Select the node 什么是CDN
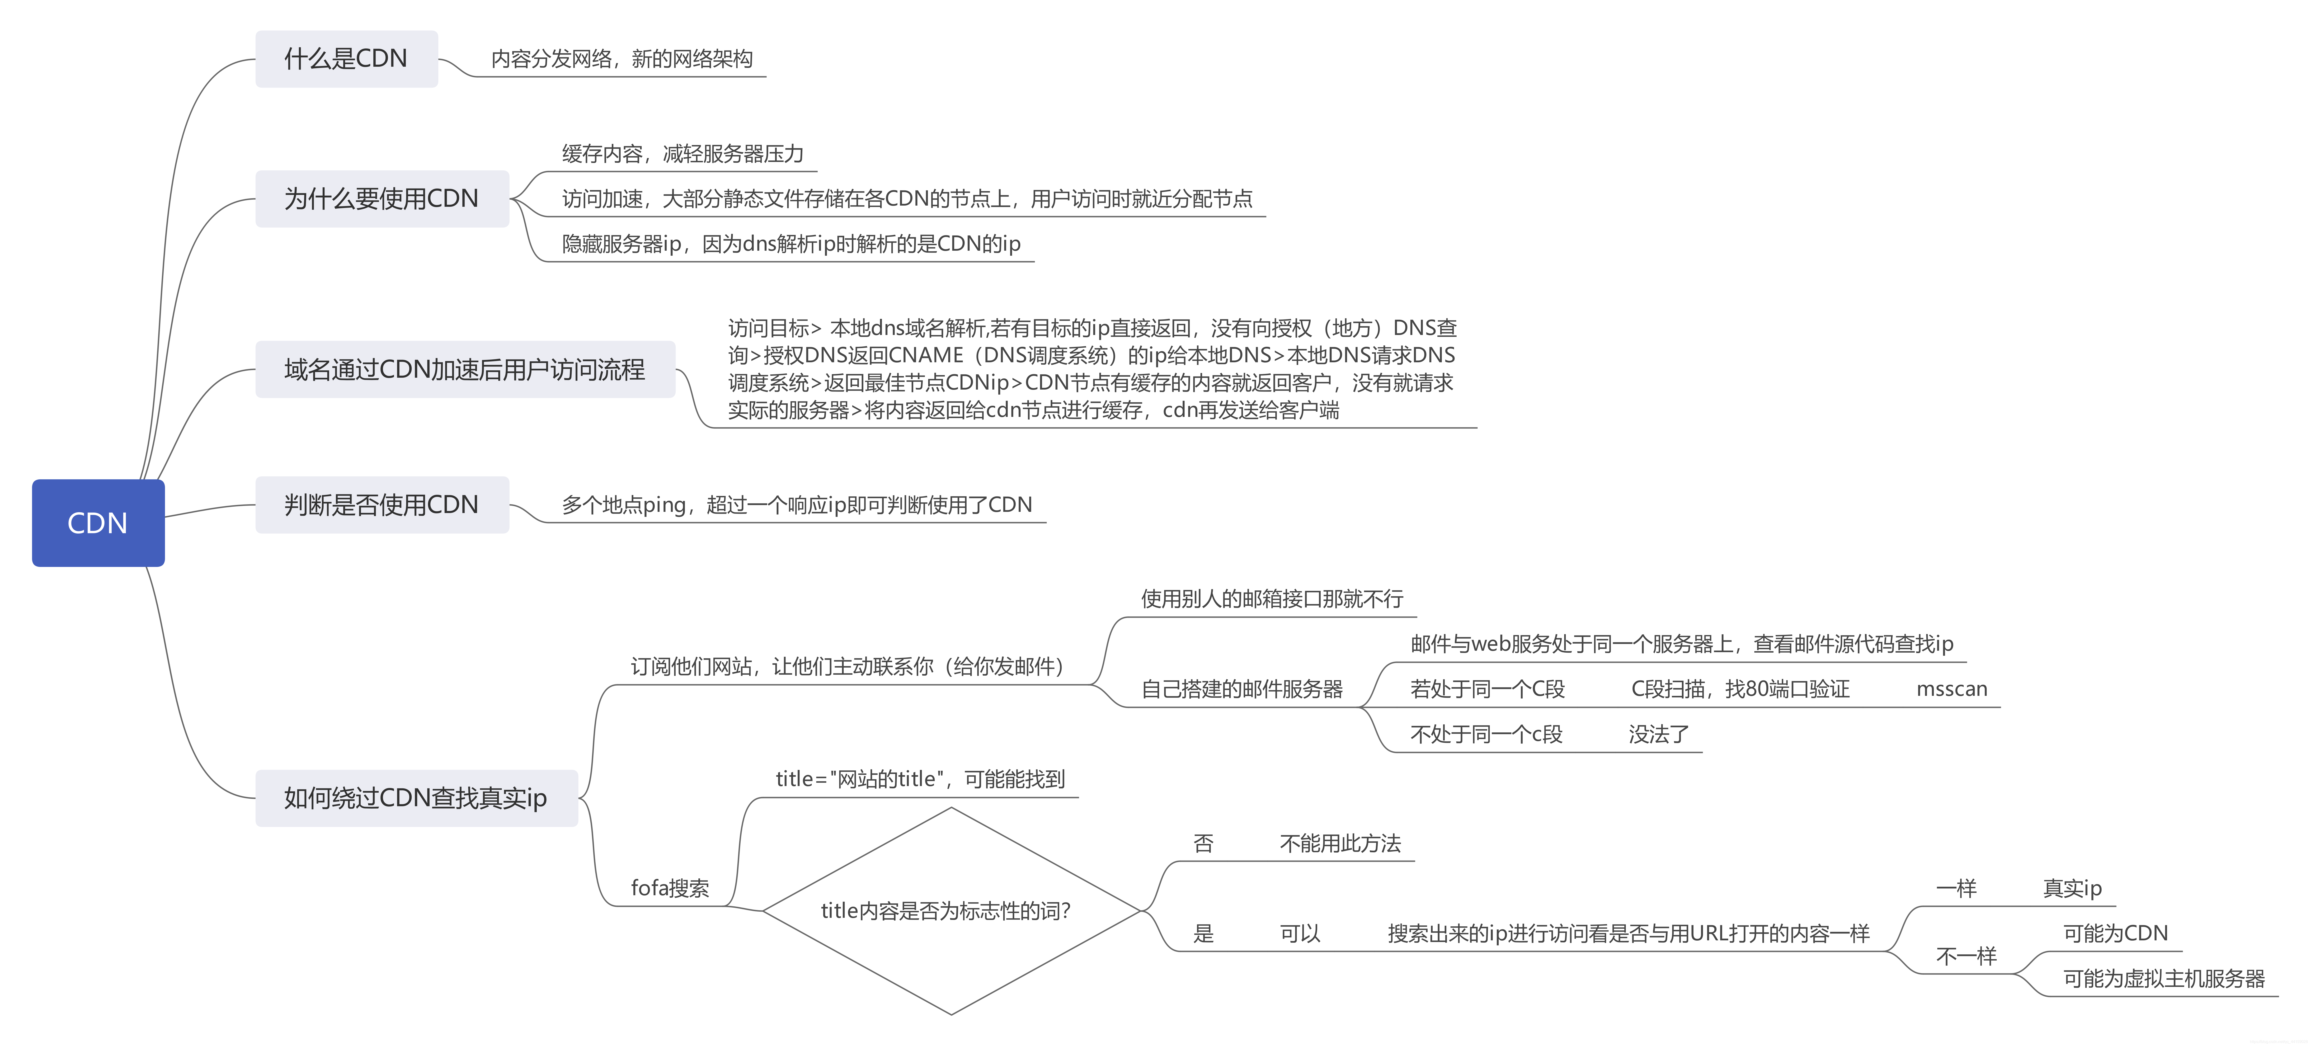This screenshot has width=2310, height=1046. (x=346, y=59)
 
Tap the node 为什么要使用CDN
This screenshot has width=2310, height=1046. (x=381, y=198)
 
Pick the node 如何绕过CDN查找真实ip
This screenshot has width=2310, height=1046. (x=415, y=797)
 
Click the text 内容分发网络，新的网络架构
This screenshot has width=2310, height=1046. (x=621, y=59)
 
